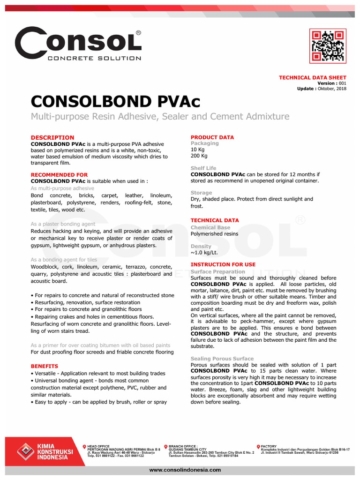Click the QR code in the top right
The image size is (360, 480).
coord(328,45)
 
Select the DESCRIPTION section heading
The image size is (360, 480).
coord(52,137)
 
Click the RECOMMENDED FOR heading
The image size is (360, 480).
coord(59,175)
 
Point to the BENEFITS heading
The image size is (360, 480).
coord(45,366)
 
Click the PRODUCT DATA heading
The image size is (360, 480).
coord(212,137)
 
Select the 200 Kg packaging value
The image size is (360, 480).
coord(199,155)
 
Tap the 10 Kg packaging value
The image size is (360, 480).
coord(197,149)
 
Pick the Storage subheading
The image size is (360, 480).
coord(201,193)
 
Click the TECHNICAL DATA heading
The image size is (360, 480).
coord(215,220)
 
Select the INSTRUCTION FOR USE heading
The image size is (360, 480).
coord(223,265)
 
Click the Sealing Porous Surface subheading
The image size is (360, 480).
coord(222,359)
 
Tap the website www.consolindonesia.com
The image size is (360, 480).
coord(184,470)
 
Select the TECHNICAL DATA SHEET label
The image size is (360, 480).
coord(313,77)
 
